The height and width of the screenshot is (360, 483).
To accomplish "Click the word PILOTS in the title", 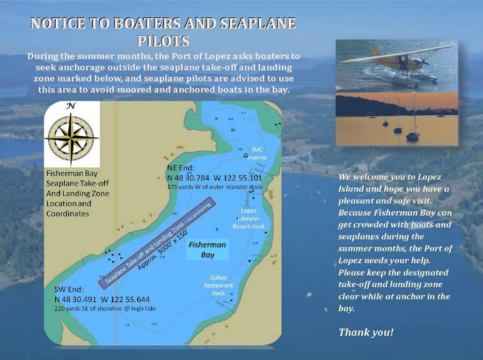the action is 163,41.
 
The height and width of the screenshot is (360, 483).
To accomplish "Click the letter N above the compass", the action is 71,106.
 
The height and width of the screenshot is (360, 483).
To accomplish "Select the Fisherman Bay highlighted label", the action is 208,250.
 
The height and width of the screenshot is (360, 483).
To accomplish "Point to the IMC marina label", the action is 257,153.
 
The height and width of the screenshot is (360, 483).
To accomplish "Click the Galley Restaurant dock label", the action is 218,285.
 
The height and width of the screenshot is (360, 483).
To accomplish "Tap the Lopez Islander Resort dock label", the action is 248,218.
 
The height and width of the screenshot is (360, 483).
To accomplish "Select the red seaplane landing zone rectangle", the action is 157,243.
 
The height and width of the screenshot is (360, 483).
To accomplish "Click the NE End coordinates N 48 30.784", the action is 188,178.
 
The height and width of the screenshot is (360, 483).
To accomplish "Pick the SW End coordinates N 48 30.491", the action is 76,299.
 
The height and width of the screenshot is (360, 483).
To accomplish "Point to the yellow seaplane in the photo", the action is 397,63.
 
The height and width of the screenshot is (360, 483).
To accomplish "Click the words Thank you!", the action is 366,332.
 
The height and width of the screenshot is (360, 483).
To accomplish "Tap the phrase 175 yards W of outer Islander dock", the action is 214,187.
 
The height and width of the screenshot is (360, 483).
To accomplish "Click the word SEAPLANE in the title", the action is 258,24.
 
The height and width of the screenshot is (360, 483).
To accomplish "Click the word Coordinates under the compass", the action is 68,214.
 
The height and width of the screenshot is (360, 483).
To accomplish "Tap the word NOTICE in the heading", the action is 57,24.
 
